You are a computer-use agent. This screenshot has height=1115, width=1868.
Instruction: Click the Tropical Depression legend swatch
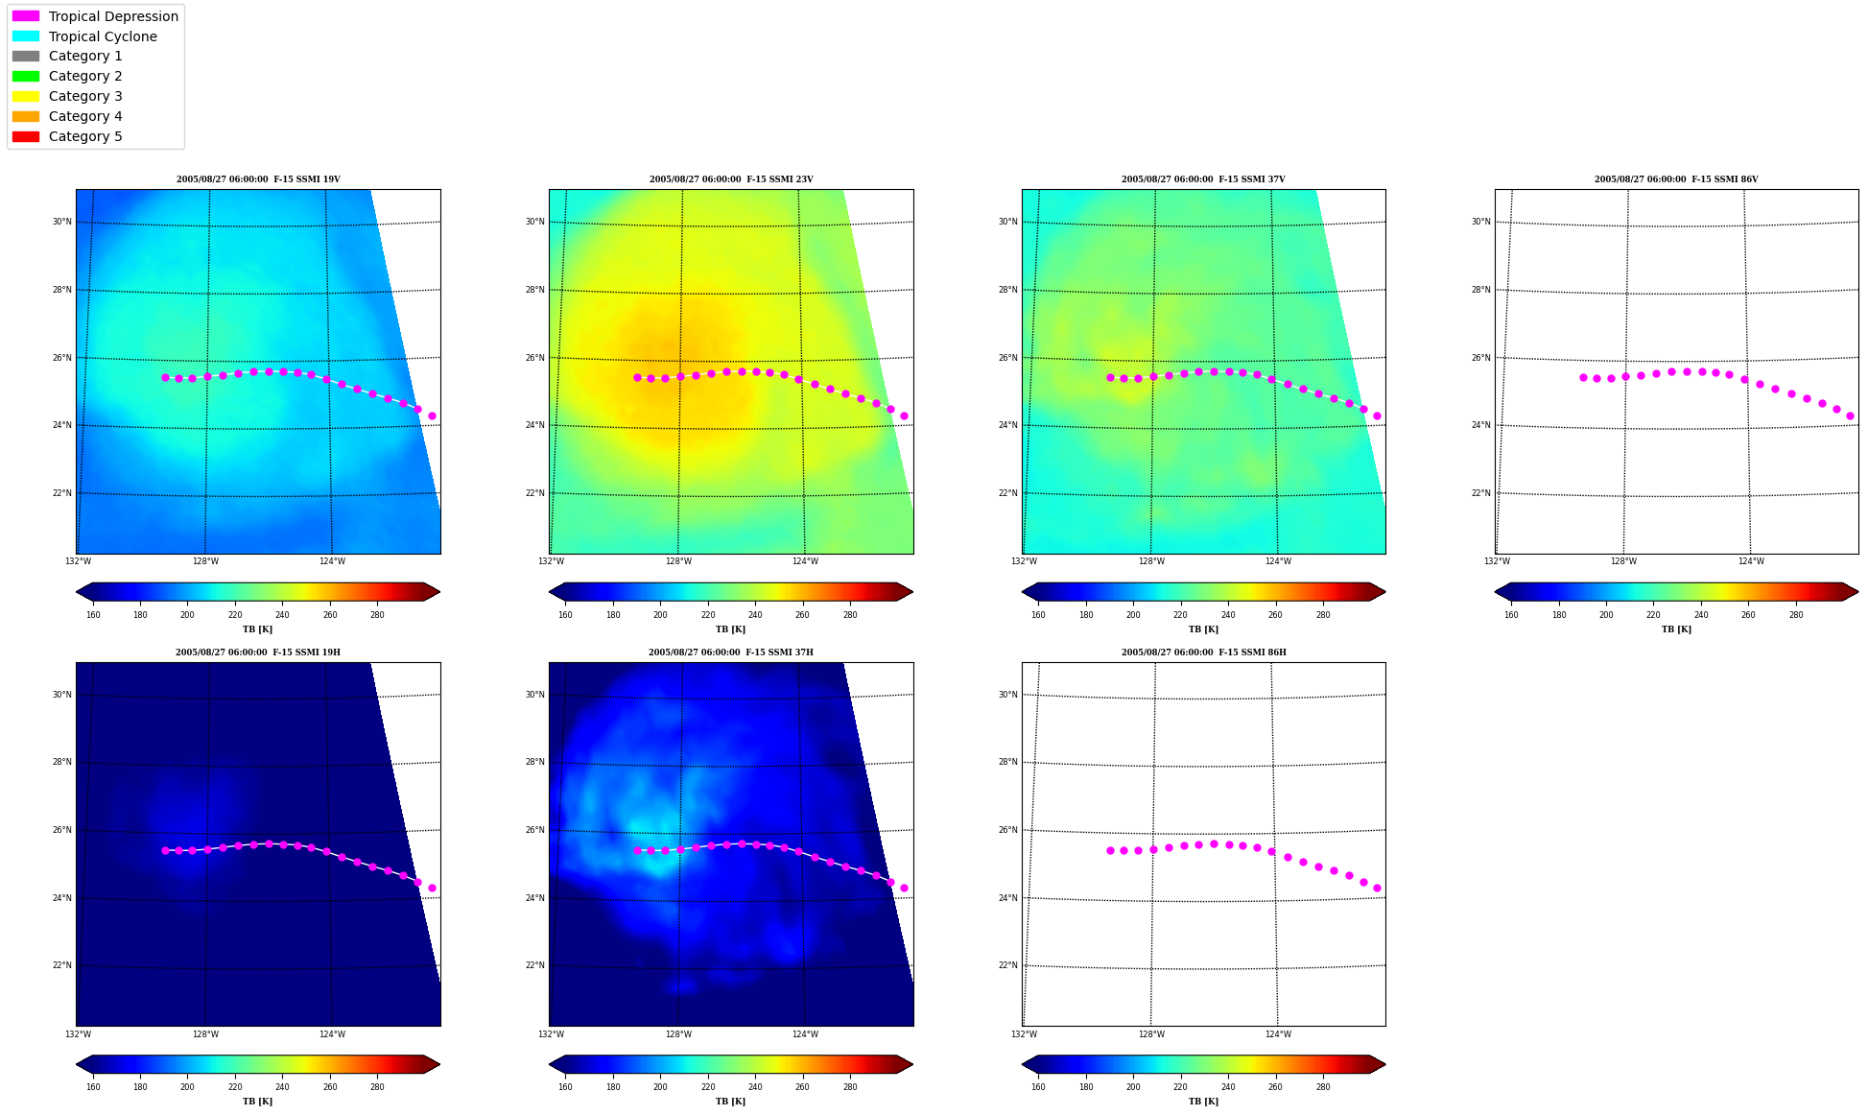[x=26, y=16]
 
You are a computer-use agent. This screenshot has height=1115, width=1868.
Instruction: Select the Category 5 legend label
[x=85, y=136]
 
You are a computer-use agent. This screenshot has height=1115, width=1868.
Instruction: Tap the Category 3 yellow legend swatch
[x=26, y=96]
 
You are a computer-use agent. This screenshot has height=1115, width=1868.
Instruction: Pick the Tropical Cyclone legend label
[x=103, y=36]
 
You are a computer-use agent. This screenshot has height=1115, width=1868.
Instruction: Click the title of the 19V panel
[x=258, y=179]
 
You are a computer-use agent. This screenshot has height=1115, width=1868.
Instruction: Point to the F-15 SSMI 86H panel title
[x=1204, y=652]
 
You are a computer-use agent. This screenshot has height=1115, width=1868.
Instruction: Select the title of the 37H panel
[x=731, y=652]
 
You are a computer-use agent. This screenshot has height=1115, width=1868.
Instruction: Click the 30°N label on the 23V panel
[x=534, y=222]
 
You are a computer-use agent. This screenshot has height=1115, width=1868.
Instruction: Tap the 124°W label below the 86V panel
[x=1751, y=561]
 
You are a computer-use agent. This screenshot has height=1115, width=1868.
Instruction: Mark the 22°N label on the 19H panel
[x=61, y=965]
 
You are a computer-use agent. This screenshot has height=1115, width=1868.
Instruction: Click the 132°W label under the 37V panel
[x=1024, y=561]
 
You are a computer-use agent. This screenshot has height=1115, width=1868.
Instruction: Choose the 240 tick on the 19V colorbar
[x=282, y=615]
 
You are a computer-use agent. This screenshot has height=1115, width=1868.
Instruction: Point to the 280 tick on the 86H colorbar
[x=1323, y=1087]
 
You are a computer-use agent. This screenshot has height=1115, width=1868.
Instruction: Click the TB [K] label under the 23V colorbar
[x=730, y=629]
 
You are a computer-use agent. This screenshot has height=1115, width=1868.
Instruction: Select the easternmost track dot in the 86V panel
[x=1850, y=416]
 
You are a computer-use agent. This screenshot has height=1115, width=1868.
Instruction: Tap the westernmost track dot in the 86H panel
[x=1110, y=850]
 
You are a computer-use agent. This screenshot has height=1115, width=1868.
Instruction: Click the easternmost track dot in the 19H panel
[x=432, y=889]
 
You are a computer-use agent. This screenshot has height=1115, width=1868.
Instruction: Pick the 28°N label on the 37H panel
[x=534, y=762]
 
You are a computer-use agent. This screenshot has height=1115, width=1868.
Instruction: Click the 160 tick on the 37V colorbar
[x=1038, y=615]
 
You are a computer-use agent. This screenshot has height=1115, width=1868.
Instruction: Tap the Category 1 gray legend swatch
[x=26, y=56]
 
